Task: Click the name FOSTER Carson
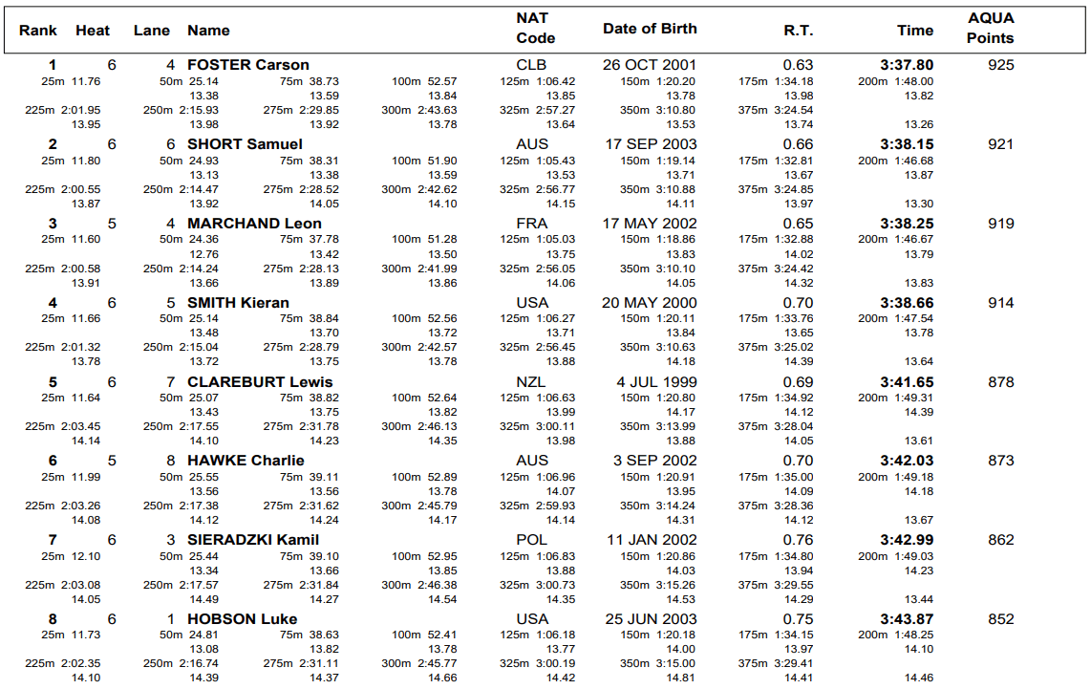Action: pyautogui.click(x=247, y=65)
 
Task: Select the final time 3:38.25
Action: pyautogui.click(x=907, y=224)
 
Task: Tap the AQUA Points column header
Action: pyautogui.click(x=990, y=29)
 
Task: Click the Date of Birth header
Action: pyautogui.click(x=650, y=29)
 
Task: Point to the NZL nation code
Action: pyautogui.click(x=532, y=382)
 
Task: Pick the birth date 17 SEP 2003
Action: pyautogui.click(x=650, y=144)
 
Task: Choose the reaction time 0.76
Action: pyautogui.click(x=798, y=540)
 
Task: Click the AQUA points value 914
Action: pyautogui.click(x=1001, y=303)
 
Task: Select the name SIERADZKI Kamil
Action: pyautogui.click(x=253, y=540)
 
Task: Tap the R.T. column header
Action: pyautogui.click(x=798, y=31)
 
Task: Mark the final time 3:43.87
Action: pyautogui.click(x=907, y=619)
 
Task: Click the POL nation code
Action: pyautogui.click(x=532, y=540)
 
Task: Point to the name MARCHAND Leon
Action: pyautogui.click(x=254, y=224)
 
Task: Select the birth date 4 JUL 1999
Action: pyautogui.click(x=655, y=382)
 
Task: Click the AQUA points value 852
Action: pyautogui.click(x=1001, y=619)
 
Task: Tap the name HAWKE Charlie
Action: pyautogui.click(x=246, y=461)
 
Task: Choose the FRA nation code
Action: pyautogui.click(x=532, y=224)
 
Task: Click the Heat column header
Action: pyautogui.click(x=93, y=31)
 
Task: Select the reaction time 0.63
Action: pyautogui.click(x=798, y=65)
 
